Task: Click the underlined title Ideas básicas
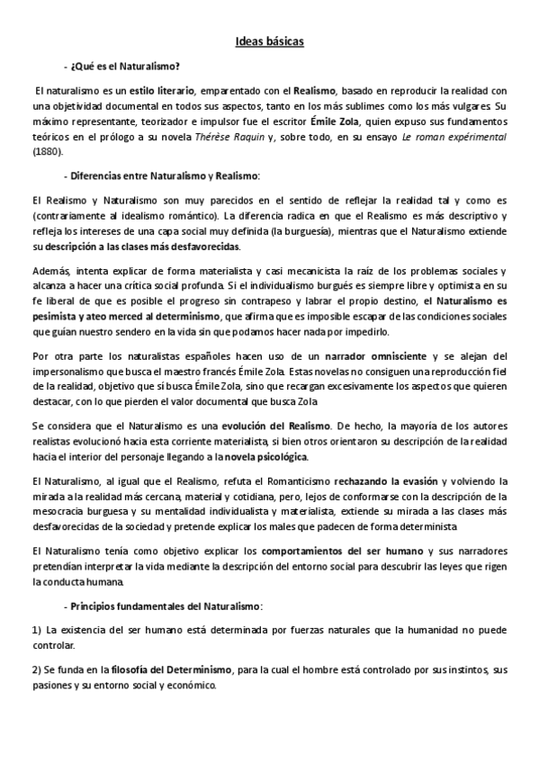(x=269, y=41)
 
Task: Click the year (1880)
(x=46, y=151)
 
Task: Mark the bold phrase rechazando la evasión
(x=391, y=482)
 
